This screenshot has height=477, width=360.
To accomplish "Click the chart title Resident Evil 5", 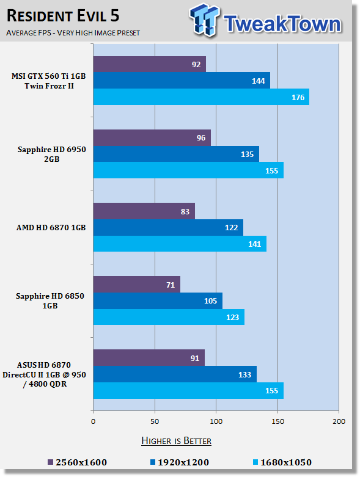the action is point(63,16).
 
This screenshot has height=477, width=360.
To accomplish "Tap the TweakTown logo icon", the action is point(204,20).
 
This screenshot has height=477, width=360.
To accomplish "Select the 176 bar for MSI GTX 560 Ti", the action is point(201,97).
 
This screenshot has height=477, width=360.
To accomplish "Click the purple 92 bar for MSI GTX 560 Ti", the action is point(149,64).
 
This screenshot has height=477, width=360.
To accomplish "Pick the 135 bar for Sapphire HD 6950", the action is point(176,154).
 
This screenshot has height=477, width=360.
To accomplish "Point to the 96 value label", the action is point(201,138).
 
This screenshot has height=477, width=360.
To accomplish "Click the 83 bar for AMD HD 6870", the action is point(144,211).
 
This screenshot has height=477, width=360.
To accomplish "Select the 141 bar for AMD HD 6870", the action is point(180,244).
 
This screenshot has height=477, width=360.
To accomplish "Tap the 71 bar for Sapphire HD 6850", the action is point(137,285).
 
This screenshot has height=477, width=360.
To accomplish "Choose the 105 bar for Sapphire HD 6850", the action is point(158,301).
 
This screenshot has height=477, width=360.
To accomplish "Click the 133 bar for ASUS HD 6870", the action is point(175,374).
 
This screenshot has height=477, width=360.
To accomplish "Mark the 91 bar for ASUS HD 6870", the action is point(149,358).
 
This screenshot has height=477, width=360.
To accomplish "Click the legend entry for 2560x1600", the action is point(77,462).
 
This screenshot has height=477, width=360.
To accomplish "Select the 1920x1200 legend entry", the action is point(180,462).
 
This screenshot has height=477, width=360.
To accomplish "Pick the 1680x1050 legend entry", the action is point(282,462).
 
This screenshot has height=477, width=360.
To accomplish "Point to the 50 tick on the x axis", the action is point(155,421).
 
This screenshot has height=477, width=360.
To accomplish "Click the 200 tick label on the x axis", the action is point(339,421).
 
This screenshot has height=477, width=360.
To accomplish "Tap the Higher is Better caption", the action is point(176,441).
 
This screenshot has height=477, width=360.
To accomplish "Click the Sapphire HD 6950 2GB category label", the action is point(52,155).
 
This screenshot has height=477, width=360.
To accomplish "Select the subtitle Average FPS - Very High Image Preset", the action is point(73,32).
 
